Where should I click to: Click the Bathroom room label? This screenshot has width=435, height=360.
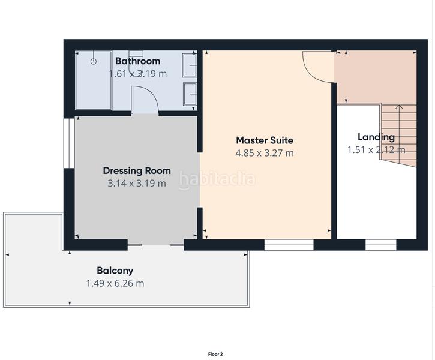tap(137, 61)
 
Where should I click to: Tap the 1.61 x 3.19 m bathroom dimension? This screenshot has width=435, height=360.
tap(137, 73)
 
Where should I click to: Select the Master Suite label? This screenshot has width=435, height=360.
tap(265, 140)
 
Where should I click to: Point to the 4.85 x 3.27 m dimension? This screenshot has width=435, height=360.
tap(265, 153)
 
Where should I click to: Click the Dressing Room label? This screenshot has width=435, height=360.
tap(137, 170)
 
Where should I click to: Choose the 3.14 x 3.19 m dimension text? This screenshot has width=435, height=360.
tap(137, 183)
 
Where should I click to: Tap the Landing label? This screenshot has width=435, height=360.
tap(376, 137)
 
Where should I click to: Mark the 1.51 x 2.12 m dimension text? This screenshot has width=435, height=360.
tap(376, 149)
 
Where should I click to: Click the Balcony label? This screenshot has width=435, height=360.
tap(115, 270)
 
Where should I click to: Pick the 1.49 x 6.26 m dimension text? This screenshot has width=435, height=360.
tap(115, 283)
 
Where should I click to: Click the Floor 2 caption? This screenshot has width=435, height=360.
tap(215, 354)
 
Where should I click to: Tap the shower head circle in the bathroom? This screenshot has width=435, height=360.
tap(94, 61)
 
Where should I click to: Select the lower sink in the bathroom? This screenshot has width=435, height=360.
tap(190, 95)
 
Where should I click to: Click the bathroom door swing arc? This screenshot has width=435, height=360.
tap(145, 99)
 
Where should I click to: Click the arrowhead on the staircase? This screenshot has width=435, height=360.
tap(400, 107)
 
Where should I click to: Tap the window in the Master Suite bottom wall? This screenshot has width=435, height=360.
tap(289, 244)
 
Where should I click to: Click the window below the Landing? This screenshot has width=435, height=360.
tap(381, 244)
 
